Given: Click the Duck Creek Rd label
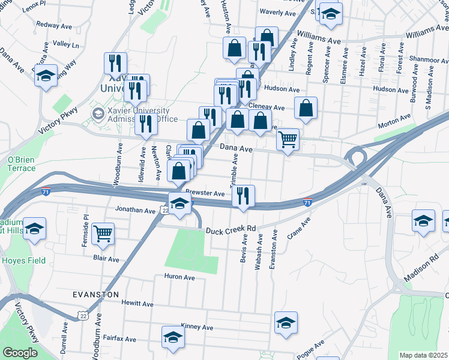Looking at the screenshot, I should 231,229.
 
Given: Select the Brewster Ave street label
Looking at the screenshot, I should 205,193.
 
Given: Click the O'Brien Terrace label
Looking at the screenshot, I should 21,164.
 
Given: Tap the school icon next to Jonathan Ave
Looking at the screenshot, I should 179,203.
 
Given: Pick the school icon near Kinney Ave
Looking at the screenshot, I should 286,322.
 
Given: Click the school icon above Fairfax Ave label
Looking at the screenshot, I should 173,336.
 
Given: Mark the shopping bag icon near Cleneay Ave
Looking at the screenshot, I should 306,108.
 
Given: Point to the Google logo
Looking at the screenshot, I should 20,353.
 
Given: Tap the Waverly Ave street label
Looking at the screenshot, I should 278,13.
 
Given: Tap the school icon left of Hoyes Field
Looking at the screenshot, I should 35,229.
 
